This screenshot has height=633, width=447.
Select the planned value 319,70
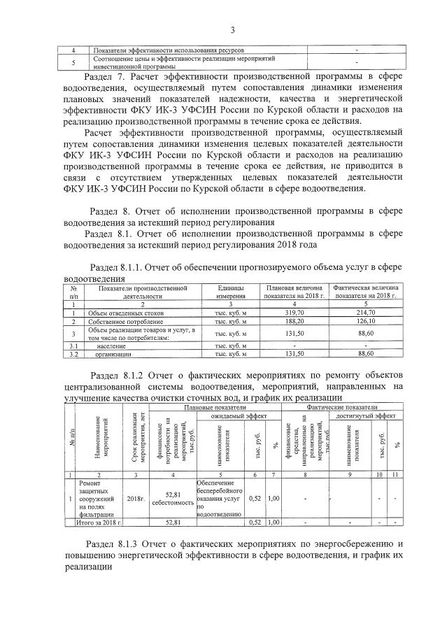coord(293,313)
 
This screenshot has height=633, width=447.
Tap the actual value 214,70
coord(367,313)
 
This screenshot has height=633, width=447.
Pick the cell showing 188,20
coord(293,321)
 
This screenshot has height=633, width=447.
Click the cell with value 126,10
coord(367,321)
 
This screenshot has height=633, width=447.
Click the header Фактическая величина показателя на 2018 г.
coord(367,292)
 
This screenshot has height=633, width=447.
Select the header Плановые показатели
coord(215,406)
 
